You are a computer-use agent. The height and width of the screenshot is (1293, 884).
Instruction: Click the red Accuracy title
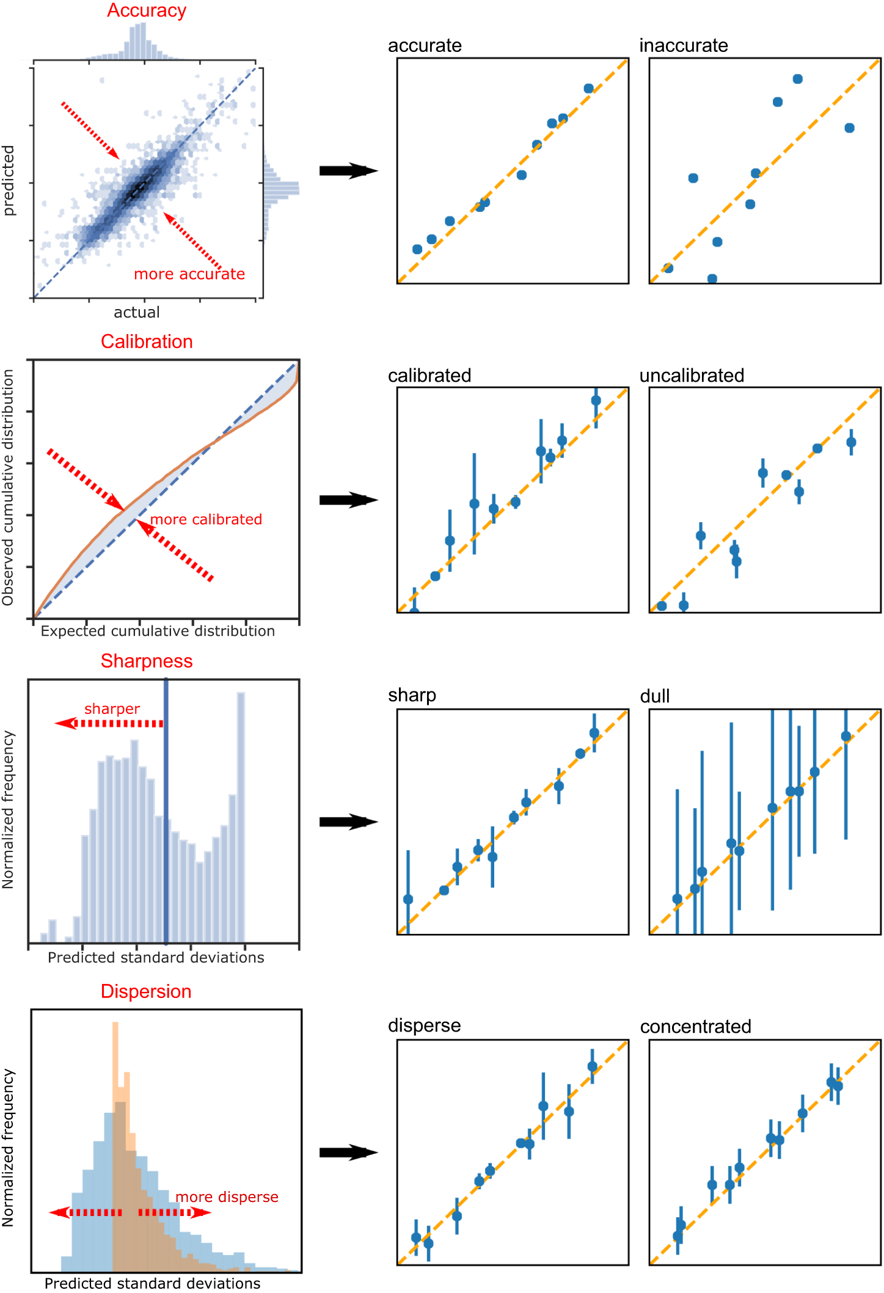click(x=147, y=10)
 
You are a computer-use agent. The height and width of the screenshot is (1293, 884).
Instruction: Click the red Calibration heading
click(x=147, y=341)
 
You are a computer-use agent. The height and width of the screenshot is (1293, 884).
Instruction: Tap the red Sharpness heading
click(x=147, y=661)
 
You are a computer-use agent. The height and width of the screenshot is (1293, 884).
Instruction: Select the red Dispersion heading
click(x=146, y=991)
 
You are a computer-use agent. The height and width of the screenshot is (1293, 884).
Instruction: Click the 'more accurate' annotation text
click(x=189, y=274)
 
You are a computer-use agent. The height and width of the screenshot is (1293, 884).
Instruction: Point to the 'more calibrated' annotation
click(x=206, y=520)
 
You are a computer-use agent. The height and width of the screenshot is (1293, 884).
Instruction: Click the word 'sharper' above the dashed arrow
click(x=112, y=709)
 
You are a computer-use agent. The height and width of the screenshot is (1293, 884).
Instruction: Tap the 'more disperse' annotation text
click(x=227, y=1197)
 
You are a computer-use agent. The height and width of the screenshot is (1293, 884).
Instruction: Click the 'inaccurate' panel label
click(x=683, y=46)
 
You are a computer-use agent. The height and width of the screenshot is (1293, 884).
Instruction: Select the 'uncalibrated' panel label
click(x=692, y=376)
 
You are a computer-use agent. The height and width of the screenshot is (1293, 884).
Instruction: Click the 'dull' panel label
click(x=654, y=696)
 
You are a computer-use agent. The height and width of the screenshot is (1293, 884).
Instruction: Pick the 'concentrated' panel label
click(x=695, y=1027)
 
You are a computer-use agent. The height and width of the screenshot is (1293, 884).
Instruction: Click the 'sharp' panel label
click(x=412, y=696)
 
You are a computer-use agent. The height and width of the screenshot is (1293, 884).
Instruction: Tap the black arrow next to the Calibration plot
click(x=348, y=500)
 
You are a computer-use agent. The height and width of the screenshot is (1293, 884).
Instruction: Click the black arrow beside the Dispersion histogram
click(x=348, y=1153)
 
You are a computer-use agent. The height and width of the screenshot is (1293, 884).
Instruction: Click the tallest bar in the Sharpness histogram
click(x=241, y=818)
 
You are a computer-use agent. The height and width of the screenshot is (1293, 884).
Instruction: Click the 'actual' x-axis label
click(x=137, y=313)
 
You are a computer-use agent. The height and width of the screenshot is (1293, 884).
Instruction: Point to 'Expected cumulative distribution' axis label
click(x=158, y=632)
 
